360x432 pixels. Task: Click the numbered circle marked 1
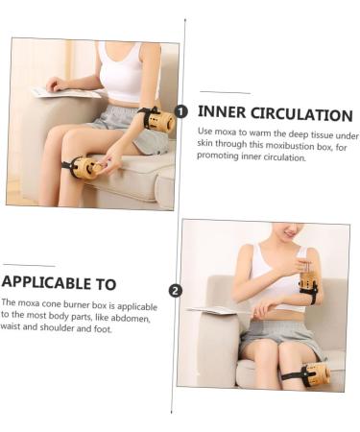coord(181,110)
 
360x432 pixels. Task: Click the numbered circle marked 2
coord(175,290)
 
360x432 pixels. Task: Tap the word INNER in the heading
coord(223,114)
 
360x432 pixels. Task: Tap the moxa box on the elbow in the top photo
coord(159,121)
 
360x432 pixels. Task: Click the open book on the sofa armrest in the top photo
coord(67,93)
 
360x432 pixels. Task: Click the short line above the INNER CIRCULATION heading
coord(225,93)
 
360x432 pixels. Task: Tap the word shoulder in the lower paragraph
coord(61,328)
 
